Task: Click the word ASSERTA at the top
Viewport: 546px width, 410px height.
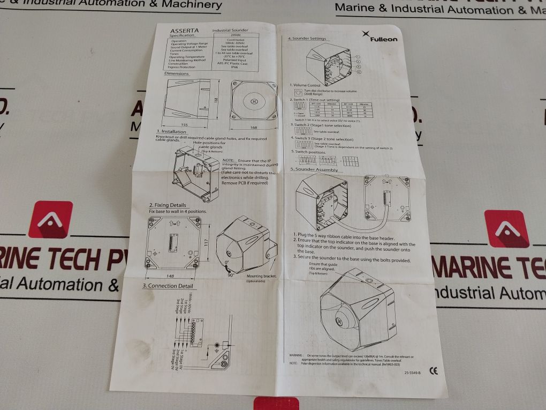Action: tap(185, 31)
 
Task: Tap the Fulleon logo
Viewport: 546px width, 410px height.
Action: tap(380, 36)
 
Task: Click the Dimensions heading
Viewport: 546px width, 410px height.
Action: tap(176, 73)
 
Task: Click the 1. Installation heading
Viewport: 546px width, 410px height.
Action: tap(171, 131)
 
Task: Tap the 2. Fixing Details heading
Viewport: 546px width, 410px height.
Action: tap(168, 205)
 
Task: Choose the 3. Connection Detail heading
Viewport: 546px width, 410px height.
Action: tap(167, 286)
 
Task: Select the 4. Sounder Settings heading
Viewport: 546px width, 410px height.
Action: tap(307, 39)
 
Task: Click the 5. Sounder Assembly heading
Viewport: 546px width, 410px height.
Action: tap(314, 170)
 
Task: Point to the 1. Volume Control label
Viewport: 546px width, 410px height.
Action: tap(306, 85)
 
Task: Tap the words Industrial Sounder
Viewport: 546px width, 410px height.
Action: tap(230, 31)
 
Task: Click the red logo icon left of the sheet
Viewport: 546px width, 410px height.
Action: tap(50, 219)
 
